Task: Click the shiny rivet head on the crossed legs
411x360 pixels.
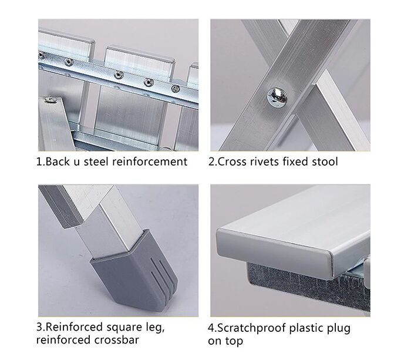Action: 277,97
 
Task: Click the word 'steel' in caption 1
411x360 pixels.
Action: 96,162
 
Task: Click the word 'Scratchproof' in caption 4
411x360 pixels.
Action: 252,328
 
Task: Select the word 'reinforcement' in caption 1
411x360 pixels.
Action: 150,162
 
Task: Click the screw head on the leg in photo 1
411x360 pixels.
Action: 50,99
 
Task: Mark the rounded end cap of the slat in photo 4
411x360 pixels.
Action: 275,252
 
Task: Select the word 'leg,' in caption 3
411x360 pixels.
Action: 154,328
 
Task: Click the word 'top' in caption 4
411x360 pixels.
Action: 234,341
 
